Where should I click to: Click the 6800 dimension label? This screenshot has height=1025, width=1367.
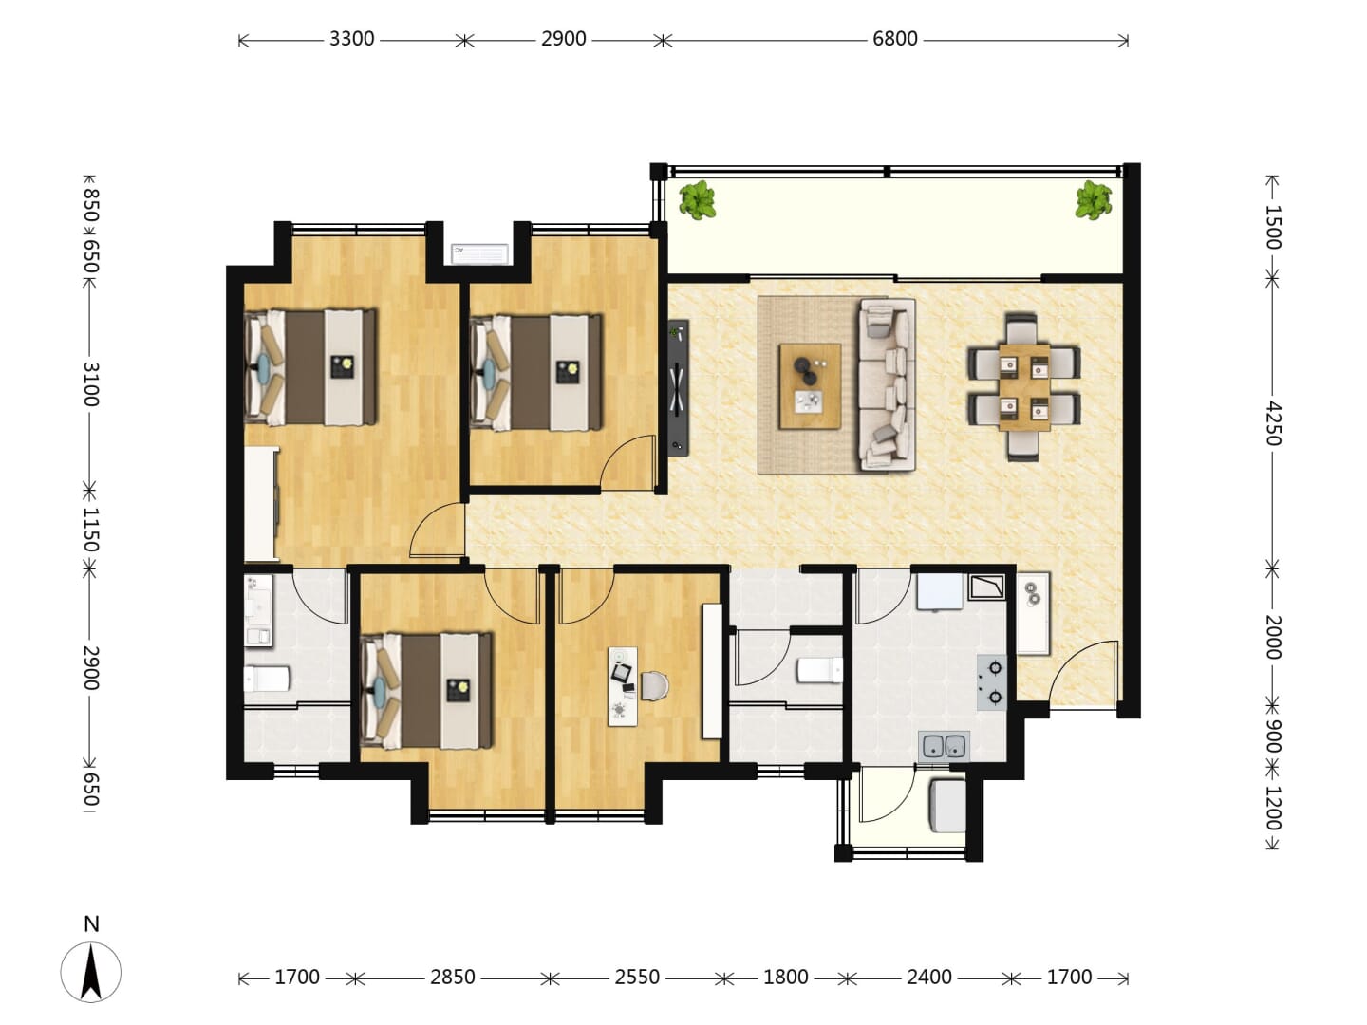point(894,39)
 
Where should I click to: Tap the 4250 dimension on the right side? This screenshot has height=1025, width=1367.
point(1274,424)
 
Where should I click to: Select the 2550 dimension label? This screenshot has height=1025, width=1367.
point(636,978)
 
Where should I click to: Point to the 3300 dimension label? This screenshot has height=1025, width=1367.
point(351,39)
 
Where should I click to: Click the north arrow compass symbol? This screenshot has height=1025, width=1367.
point(91,972)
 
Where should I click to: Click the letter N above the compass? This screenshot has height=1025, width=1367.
point(91,923)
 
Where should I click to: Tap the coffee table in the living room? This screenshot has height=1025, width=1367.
point(810,386)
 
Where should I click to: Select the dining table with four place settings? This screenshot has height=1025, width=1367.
point(1024,387)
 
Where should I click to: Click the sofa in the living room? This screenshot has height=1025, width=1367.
point(887,384)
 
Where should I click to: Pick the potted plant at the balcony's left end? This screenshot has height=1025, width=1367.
point(697,199)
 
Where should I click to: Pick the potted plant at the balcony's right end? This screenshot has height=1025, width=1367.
point(1094,199)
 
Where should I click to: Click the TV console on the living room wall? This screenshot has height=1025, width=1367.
point(678,388)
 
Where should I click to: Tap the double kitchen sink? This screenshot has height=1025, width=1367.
point(945,746)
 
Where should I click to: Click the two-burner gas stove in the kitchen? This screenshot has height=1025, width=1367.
point(991,682)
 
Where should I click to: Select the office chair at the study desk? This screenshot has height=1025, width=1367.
point(655,686)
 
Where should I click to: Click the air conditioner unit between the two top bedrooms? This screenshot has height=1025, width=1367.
point(479,253)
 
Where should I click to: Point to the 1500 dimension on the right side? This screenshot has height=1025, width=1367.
point(1274,227)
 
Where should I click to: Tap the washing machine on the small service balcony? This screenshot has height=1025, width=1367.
point(947,806)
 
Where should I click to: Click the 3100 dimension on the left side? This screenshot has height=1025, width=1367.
point(91,384)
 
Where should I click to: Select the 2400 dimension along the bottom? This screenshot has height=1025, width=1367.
point(928,978)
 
